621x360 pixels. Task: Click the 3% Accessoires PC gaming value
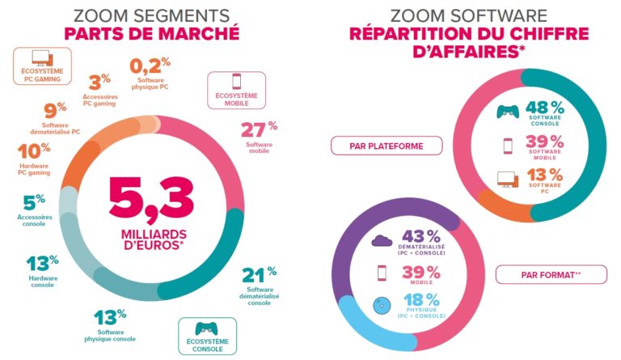99,82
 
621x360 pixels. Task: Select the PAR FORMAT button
551,274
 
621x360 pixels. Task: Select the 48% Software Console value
544,108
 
